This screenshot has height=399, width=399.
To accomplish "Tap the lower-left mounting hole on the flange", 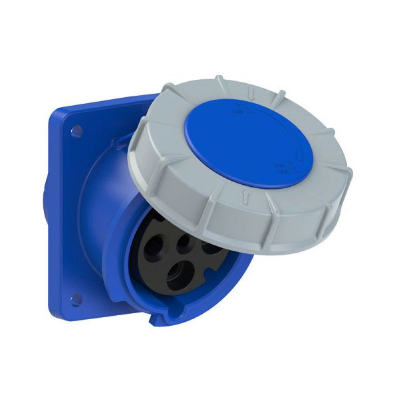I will click(x=76, y=300).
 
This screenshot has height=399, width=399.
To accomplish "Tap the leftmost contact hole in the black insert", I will click(x=155, y=248).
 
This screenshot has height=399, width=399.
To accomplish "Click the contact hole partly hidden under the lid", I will click(x=211, y=247).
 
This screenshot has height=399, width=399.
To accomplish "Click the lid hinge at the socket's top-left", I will click(x=123, y=141).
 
